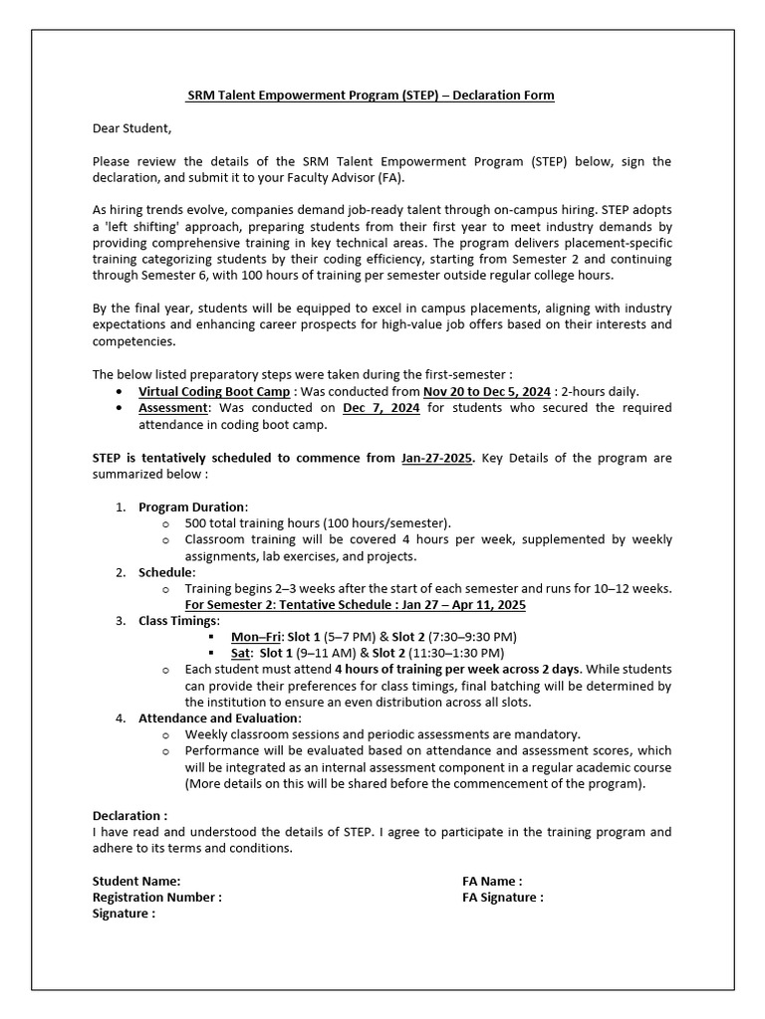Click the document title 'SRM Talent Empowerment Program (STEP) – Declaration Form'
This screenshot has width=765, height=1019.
(x=371, y=96)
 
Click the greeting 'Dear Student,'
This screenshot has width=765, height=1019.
(x=132, y=128)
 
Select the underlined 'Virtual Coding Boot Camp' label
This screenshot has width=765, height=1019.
(x=214, y=392)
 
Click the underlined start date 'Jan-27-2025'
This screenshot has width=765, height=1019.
(x=437, y=458)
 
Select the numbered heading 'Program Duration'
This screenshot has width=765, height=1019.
(x=192, y=507)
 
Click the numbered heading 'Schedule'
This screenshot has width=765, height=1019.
(x=166, y=572)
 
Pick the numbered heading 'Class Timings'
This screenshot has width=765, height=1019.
(x=177, y=621)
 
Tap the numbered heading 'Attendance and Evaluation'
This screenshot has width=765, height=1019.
(x=218, y=718)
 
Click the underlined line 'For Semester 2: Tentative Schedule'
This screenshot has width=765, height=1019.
(x=356, y=605)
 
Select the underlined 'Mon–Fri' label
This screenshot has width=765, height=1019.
(x=256, y=637)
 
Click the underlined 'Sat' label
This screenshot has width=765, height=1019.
(x=240, y=653)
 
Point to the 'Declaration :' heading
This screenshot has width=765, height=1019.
(x=130, y=815)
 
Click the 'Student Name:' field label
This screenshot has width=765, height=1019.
(x=136, y=881)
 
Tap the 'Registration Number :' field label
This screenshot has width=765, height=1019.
(x=156, y=897)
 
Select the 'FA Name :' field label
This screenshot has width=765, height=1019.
(x=492, y=881)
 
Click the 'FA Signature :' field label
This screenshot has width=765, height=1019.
(x=503, y=897)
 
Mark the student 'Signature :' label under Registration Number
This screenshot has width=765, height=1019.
(x=124, y=914)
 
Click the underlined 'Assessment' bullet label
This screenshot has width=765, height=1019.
(x=173, y=409)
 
